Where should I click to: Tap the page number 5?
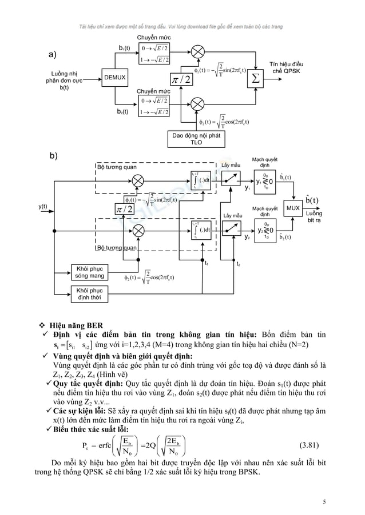coord(324,502)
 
